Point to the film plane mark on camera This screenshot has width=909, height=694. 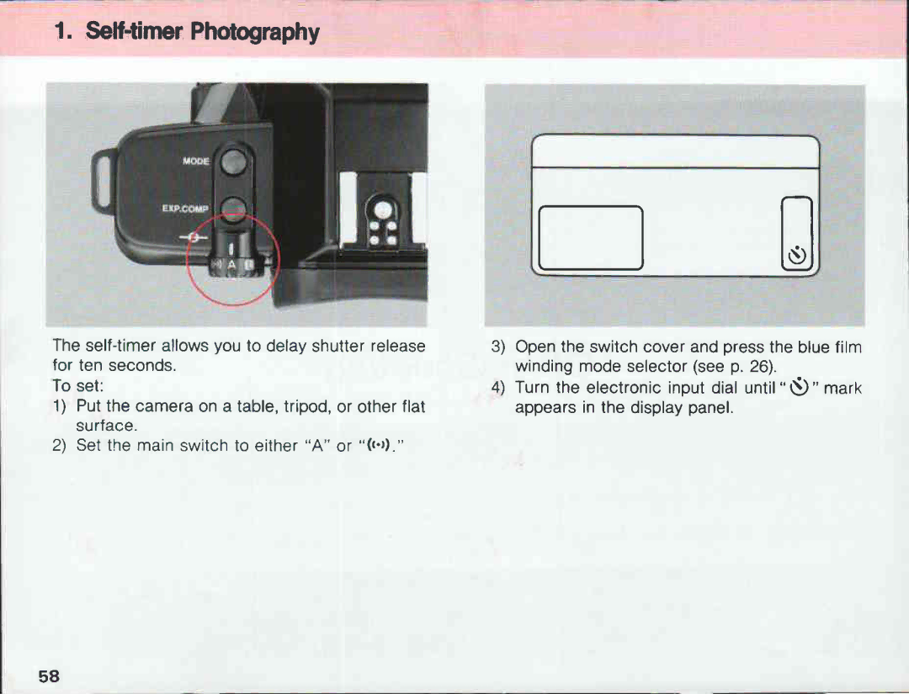(195, 239)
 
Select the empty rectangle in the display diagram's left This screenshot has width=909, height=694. (590, 237)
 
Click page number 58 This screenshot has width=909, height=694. (49, 676)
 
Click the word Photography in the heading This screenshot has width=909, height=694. (254, 32)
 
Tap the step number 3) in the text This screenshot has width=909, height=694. (497, 347)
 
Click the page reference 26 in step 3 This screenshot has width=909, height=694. (759, 367)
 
